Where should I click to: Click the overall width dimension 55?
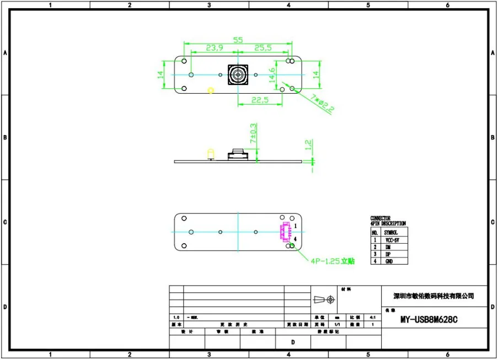[x=238, y=40]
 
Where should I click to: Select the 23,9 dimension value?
[x=215, y=49]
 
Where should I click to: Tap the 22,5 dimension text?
[x=259, y=100]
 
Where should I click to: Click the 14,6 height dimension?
[x=272, y=75]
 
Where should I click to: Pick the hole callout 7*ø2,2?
[x=323, y=103]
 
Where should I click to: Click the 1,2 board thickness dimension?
[x=308, y=146]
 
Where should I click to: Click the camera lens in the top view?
[x=238, y=74]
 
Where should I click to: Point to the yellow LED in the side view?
[x=210, y=153]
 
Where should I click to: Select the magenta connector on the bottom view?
[x=286, y=232]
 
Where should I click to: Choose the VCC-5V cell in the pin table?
[x=392, y=240]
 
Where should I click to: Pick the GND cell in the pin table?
[x=392, y=261]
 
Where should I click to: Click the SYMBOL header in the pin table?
[x=392, y=233]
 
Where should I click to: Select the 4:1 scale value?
[x=373, y=318]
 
